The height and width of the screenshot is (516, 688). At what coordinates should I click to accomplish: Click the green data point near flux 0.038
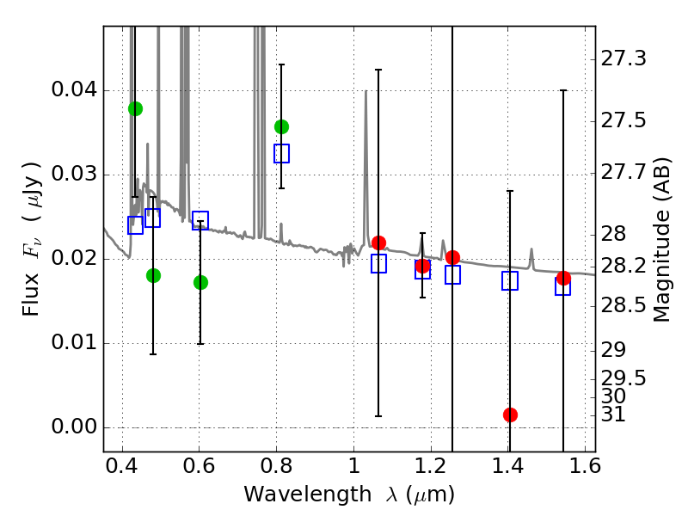coord(135,108)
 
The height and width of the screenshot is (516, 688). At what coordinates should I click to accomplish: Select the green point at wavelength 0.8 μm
coord(281,126)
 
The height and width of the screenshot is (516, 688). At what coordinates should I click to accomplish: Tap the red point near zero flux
coord(510,415)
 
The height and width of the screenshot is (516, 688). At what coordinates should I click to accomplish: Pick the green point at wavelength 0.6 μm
coord(200,282)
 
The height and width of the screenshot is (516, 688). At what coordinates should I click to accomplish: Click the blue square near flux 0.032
coord(281,153)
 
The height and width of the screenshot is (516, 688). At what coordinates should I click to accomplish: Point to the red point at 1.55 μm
coord(563,278)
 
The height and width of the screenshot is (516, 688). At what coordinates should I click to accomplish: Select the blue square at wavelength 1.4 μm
coord(510,280)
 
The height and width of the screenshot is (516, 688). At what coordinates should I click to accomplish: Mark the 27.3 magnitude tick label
coord(625,59)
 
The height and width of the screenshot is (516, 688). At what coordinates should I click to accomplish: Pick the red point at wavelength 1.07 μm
coord(378,243)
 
